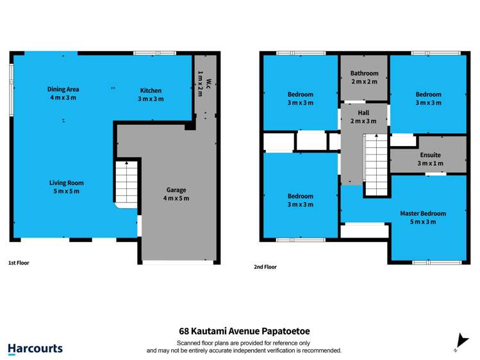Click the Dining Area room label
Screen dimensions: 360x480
tap(63, 89)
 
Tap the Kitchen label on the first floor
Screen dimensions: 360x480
tap(151, 90)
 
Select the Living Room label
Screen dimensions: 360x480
tap(67, 183)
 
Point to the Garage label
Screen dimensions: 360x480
tap(176, 190)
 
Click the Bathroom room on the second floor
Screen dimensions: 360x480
tap(364, 78)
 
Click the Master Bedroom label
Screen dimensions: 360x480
tap(423, 213)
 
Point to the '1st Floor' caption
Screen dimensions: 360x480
tap(19, 263)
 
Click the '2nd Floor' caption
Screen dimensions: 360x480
tap(265, 266)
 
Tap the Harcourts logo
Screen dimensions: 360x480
tap(35, 348)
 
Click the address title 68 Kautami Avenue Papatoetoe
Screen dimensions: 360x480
tap(244, 331)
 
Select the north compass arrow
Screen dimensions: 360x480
tap(459, 341)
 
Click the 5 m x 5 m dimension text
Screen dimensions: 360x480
tap(67, 191)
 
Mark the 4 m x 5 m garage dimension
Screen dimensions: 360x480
tap(176, 198)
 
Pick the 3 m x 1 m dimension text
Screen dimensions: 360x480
tap(430, 163)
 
